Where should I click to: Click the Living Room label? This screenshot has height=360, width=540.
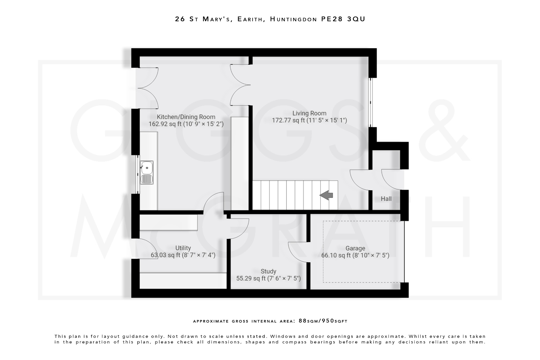pos(309,113)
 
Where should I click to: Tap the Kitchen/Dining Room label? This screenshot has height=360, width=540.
pos(186,117)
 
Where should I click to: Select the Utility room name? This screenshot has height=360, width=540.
pos(183,248)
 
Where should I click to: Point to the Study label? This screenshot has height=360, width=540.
pos(268,271)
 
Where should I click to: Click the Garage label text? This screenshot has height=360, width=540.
pos(355,248)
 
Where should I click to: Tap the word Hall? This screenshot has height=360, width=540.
pos(386,199)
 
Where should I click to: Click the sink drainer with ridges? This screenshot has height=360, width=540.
pos(147,179)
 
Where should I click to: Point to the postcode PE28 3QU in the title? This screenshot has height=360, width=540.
pos(343,19)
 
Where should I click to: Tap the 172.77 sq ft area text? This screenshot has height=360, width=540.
pos(309,121)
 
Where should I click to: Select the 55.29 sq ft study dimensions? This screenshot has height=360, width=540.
pos(268,279)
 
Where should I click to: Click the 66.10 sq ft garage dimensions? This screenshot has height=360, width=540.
pos(355,255)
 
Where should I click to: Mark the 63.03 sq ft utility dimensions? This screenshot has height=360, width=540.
pos(183,255)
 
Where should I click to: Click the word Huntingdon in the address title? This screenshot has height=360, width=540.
pos(293,19)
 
